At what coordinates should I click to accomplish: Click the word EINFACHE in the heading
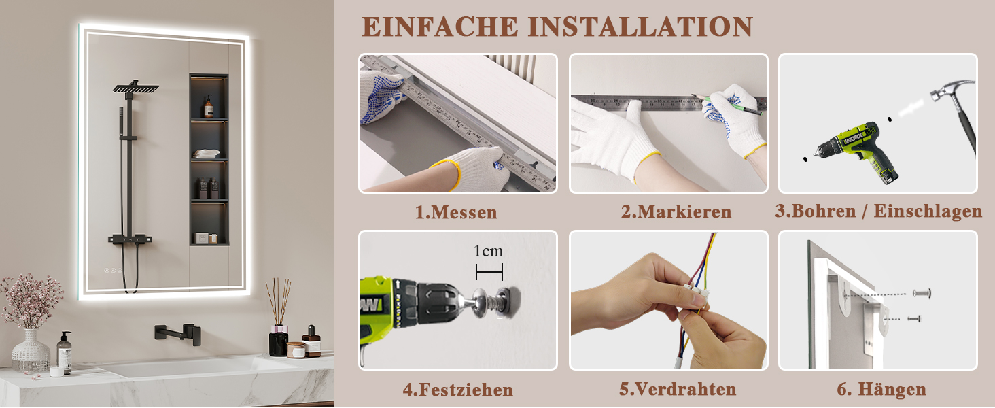(440, 27)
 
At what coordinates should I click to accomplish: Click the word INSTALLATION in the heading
(640, 27)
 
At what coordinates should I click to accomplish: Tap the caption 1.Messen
(456, 212)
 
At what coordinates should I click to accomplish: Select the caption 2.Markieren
(676, 211)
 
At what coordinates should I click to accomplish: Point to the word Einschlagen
(928, 211)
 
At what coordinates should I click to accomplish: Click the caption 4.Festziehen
(458, 390)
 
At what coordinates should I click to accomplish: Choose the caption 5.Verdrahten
(678, 390)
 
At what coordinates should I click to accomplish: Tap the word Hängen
(892, 390)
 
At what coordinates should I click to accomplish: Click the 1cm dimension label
(488, 251)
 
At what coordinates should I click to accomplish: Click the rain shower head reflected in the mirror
(135, 87)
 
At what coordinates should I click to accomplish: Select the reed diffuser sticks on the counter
(279, 301)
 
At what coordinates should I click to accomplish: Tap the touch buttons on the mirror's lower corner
(114, 270)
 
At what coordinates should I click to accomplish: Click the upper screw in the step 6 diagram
(922, 293)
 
